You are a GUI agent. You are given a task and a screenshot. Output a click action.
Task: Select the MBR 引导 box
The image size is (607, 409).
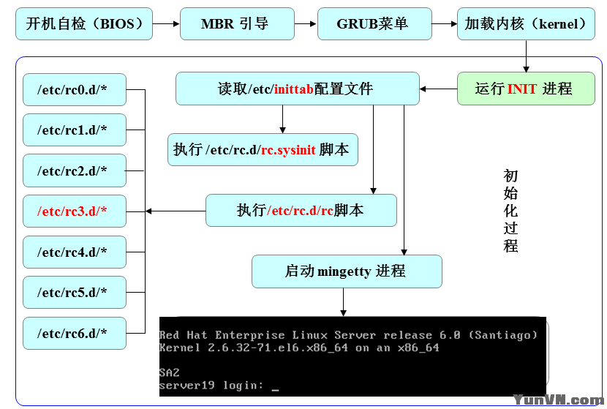click(x=235, y=24)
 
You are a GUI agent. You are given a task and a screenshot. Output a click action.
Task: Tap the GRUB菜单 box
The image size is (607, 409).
click(x=373, y=24)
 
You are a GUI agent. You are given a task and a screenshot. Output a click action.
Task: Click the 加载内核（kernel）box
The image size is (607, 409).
click(x=526, y=24)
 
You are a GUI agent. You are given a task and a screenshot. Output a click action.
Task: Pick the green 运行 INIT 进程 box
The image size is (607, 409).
click(x=525, y=89)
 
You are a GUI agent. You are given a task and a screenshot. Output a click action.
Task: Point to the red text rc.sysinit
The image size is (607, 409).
click(x=288, y=150)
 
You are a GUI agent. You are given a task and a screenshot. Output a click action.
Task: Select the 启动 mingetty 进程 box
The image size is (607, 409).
click(x=347, y=271)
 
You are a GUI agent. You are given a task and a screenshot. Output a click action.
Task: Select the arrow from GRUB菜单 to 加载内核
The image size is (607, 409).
click(x=444, y=24)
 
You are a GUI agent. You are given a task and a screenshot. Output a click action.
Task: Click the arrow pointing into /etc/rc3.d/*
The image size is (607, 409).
click(x=176, y=211)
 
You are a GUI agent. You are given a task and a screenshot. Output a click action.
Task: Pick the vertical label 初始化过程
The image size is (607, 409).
click(x=510, y=211)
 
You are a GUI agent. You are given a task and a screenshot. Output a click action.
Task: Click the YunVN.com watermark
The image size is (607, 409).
click(x=557, y=399)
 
